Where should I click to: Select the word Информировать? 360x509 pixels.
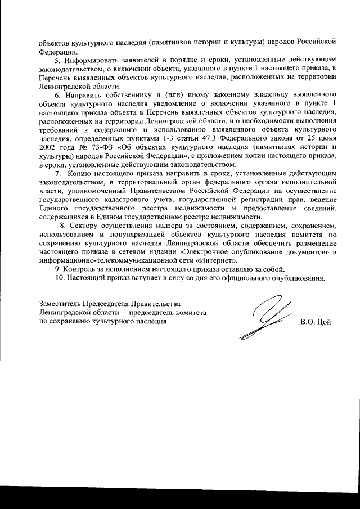point(90,60)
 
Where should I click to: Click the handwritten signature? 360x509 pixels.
point(264,321)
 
